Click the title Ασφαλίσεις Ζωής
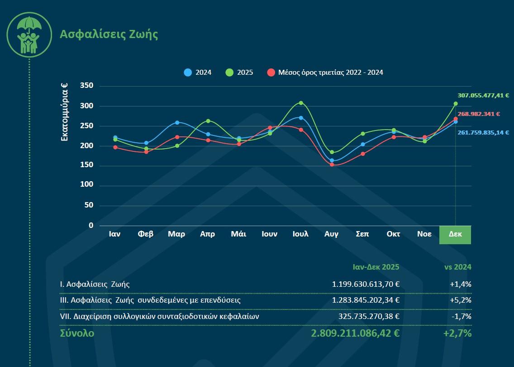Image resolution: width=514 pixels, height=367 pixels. click(109, 34)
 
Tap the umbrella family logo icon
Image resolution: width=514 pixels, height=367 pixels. click(29, 35)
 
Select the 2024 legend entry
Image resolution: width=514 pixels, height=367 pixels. click(198, 72)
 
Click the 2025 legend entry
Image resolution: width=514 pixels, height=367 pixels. click(239, 72)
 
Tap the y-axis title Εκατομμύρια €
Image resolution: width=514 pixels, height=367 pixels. click(65, 111)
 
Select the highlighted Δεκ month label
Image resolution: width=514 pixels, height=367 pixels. click(455, 234)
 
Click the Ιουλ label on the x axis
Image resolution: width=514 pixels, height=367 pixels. click(300, 234)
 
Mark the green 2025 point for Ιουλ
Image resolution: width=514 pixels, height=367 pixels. click(301, 103)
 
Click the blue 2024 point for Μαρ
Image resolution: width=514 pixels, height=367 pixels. click(177, 122)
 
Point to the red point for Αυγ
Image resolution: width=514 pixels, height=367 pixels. click(332, 164)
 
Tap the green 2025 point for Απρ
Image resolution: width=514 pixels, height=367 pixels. click(208, 121)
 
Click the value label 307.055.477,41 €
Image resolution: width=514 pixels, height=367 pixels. click(483, 96)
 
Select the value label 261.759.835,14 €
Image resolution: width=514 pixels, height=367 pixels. click(483, 133)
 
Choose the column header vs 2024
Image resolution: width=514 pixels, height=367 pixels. click(457, 267)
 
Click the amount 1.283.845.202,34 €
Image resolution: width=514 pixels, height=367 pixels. click(366, 300)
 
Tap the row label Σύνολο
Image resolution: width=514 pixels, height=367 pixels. click(77, 333)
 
